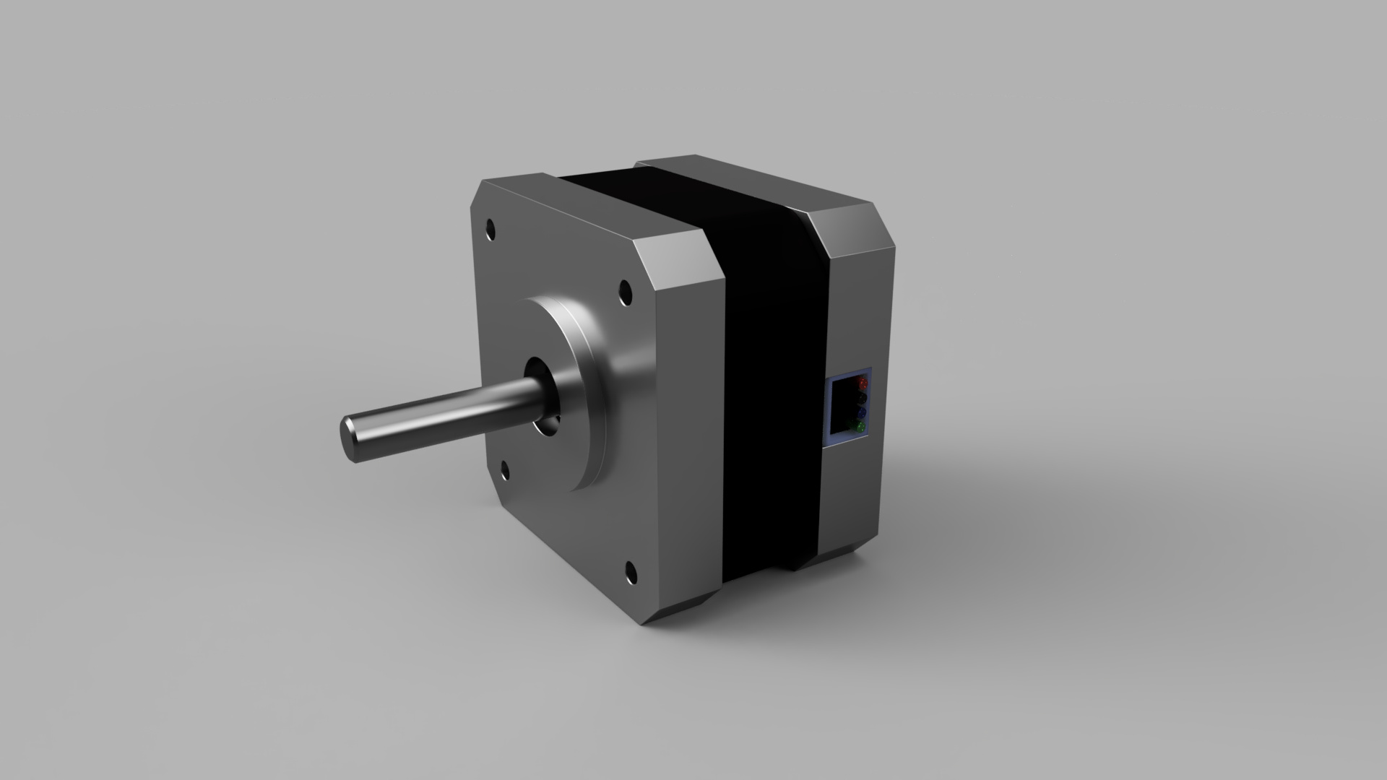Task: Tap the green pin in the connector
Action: click(860, 428)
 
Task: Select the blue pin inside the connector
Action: click(861, 413)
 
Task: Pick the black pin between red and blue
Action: click(862, 398)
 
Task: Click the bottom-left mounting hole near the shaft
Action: click(504, 472)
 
